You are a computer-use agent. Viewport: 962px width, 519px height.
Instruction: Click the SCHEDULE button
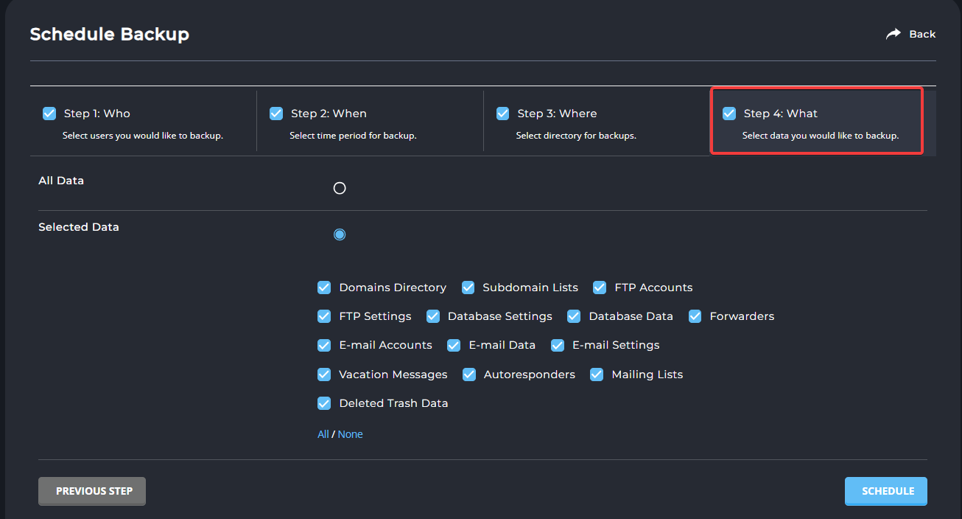click(885, 491)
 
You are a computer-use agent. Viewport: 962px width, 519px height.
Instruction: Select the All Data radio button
click(340, 188)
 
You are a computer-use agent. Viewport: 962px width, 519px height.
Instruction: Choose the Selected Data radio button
click(340, 234)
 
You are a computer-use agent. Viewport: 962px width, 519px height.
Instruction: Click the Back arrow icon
click(893, 34)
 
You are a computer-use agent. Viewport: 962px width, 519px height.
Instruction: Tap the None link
click(350, 434)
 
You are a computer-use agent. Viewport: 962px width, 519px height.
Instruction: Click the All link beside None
click(323, 434)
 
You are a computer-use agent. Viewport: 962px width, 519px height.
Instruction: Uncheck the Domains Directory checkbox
click(324, 288)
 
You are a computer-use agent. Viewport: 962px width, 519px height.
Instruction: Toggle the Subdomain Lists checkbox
click(468, 288)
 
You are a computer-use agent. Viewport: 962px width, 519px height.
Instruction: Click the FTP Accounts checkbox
click(599, 288)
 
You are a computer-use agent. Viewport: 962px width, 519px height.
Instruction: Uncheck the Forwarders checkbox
click(695, 316)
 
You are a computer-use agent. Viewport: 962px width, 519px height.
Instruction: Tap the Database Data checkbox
click(573, 316)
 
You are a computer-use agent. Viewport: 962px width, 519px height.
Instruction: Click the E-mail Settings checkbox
click(558, 345)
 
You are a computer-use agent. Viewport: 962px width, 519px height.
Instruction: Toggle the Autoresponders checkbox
click(469, 375)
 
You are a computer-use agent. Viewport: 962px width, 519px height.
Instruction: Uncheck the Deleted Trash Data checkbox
click(324, 403)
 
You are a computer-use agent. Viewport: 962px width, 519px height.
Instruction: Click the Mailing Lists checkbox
click(597, 375)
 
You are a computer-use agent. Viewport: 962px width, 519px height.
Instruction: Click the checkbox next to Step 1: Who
click(49, 114)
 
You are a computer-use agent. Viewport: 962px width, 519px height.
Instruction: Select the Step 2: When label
click(329, 114)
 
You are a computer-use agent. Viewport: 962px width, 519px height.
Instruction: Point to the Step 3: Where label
click(557, 114)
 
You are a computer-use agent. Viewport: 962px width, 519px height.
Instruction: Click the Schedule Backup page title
click(110, 35)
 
